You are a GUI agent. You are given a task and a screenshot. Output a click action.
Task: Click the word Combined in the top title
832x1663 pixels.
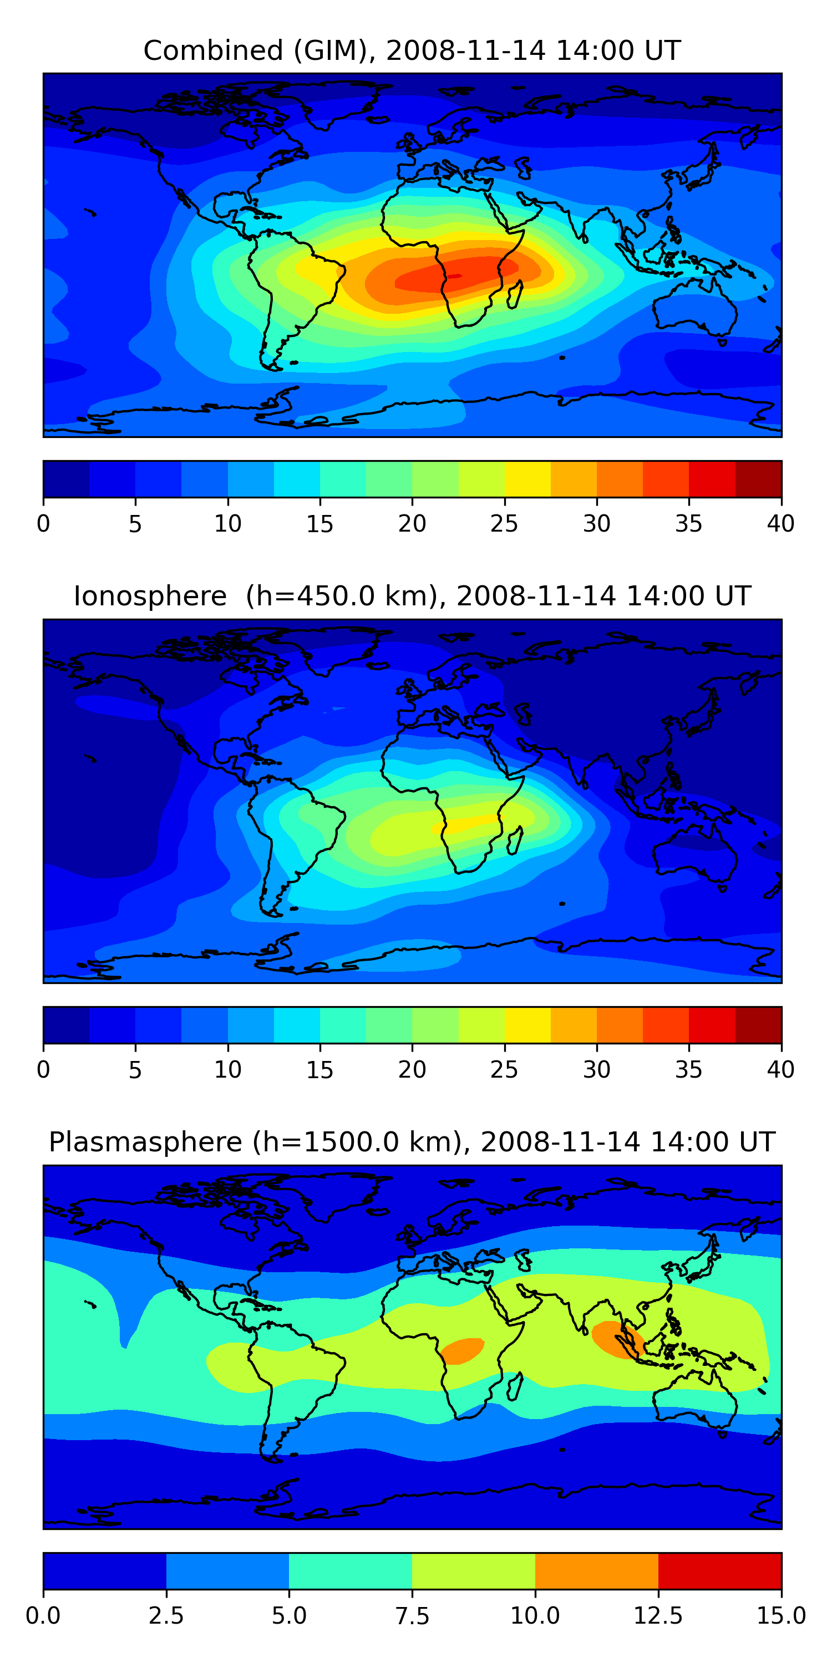point(213,50)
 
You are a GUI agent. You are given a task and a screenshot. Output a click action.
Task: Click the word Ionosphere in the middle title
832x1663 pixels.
point(150,596)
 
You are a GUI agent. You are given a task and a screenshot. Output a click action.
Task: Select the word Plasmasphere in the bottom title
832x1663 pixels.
point(145,1142)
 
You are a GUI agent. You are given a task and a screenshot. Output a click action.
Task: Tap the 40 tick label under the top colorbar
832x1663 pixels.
point(780,523)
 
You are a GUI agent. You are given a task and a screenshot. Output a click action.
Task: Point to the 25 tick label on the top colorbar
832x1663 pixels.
point(504,523)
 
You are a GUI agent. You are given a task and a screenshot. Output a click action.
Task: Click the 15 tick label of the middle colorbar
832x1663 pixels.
point(319,1070)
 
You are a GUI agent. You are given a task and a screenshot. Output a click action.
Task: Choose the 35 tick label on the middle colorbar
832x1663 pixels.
point(688,1070)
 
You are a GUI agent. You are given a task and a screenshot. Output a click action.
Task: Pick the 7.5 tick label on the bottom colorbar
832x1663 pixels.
point(412,1616)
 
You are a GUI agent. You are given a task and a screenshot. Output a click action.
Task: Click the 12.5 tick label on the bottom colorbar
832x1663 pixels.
point(658,1616)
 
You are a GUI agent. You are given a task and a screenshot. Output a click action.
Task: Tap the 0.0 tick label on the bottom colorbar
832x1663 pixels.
point(43,1616)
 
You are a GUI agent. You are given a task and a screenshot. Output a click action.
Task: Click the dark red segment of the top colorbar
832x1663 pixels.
point(758,479)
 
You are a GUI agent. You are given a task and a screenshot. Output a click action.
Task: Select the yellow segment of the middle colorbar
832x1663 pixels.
point(527,1025)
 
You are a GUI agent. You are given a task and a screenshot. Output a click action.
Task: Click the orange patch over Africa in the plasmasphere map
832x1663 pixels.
point(463,1350)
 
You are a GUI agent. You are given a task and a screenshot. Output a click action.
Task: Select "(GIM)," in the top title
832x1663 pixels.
point(334,50)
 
